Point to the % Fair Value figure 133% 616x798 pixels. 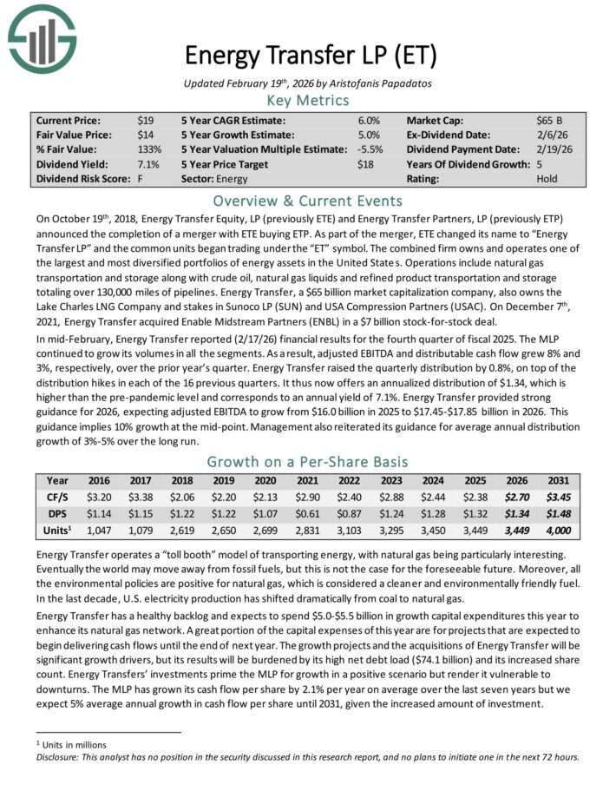[x=148, y=150]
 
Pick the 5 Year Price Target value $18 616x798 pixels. [x=366, y=164]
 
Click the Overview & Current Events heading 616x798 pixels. [x=308, y=201]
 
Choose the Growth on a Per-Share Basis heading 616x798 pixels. [x=308, y=462]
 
